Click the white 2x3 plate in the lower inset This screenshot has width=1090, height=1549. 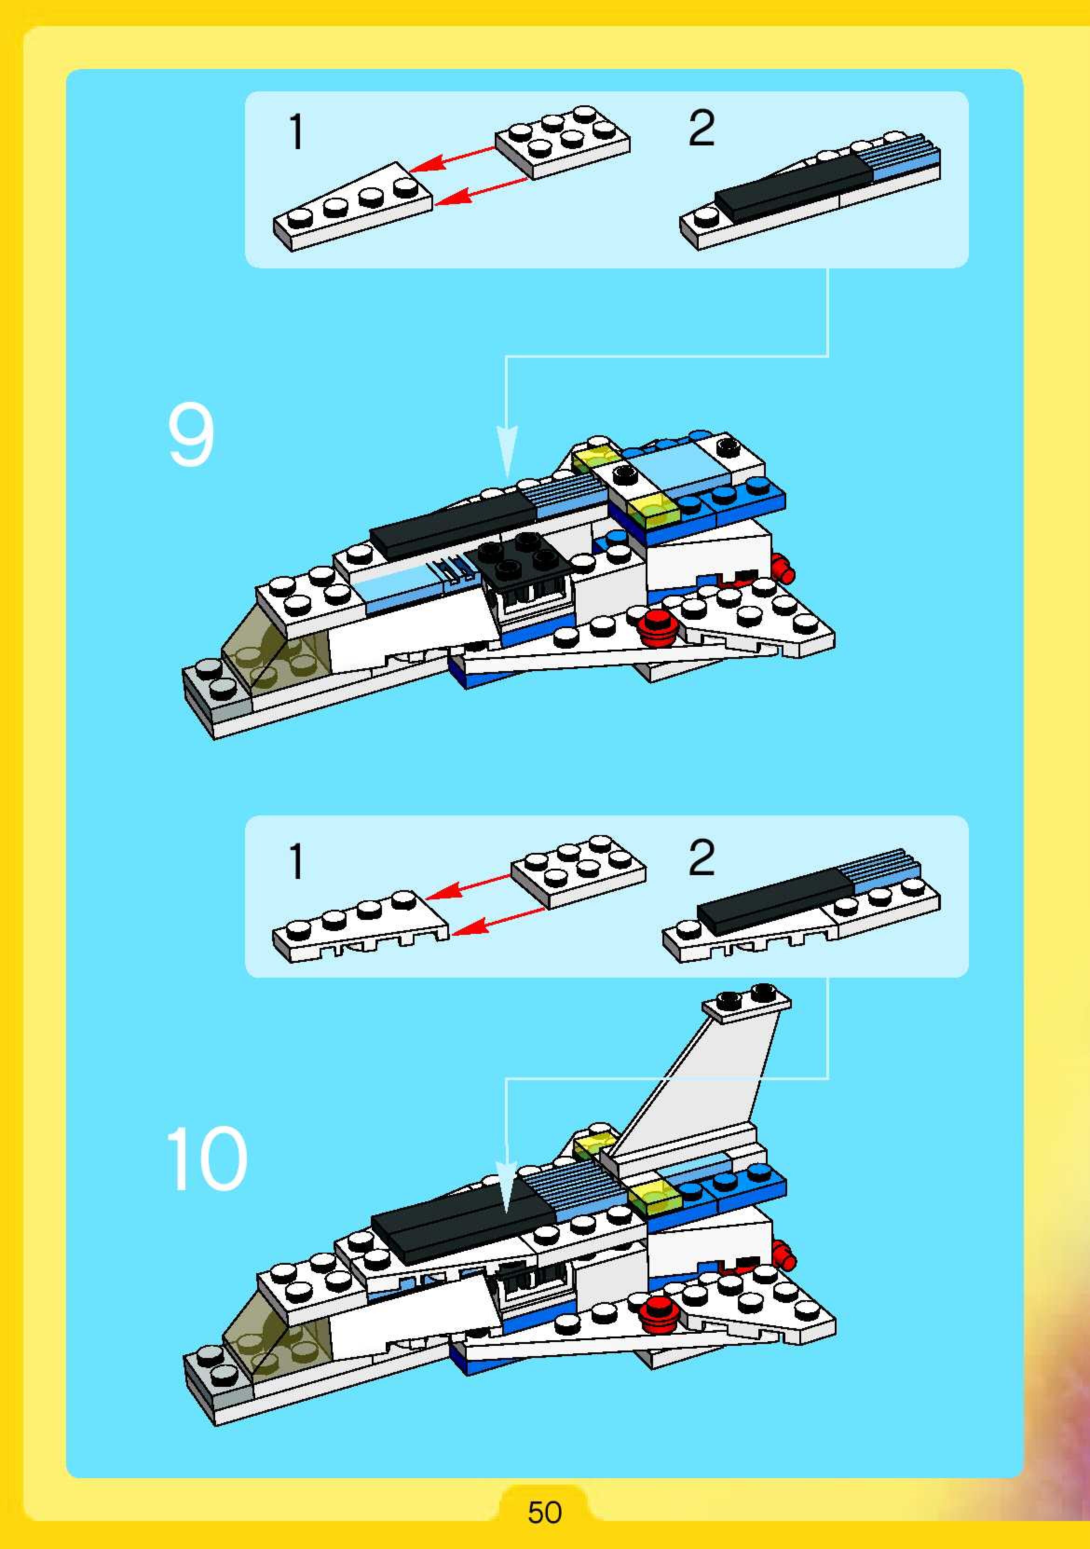pyautogui.click(x=578, y=871)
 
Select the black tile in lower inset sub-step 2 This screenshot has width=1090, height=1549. pyautogui.click(x=776, y=901)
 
